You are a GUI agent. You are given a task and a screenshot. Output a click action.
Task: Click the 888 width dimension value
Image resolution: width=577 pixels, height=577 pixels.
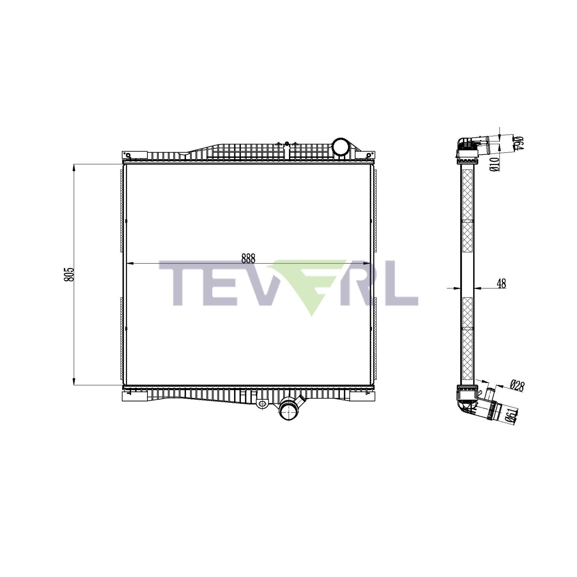tap(248, 258)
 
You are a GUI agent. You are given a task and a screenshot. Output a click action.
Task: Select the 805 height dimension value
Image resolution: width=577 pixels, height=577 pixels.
tap(69, 274)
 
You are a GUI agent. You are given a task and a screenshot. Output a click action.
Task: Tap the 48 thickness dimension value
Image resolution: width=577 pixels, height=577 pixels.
tap(501, 283)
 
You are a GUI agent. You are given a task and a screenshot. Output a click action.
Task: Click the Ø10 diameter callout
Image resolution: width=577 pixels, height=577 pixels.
tap(494, 164)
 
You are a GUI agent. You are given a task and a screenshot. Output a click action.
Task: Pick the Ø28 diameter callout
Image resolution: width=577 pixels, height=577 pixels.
tap(517, 385)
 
